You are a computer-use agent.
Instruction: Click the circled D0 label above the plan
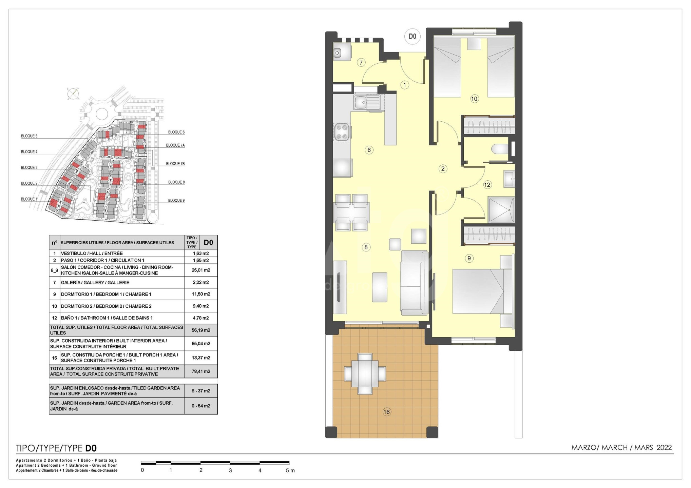412,36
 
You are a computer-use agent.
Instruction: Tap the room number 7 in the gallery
361,62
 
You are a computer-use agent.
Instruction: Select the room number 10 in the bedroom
474,99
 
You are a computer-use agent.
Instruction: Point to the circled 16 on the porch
386,412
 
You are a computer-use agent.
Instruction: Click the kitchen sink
367,102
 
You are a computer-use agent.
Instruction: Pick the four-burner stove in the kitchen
342,132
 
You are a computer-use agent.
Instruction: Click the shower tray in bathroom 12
501,210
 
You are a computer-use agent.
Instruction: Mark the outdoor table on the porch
365,373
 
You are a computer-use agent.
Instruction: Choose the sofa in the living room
414,283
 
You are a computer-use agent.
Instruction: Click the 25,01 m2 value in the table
201,270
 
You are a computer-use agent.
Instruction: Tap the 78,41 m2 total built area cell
201,371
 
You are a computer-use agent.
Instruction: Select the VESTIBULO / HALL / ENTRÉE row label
92,253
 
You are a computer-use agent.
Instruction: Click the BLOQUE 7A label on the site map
175,145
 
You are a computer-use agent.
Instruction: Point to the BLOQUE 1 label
29,199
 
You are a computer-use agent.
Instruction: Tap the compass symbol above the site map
73,94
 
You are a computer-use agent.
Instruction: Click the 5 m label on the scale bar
290,470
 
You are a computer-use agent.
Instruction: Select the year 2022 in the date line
664,447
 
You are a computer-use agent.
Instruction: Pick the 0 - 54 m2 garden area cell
201,406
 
